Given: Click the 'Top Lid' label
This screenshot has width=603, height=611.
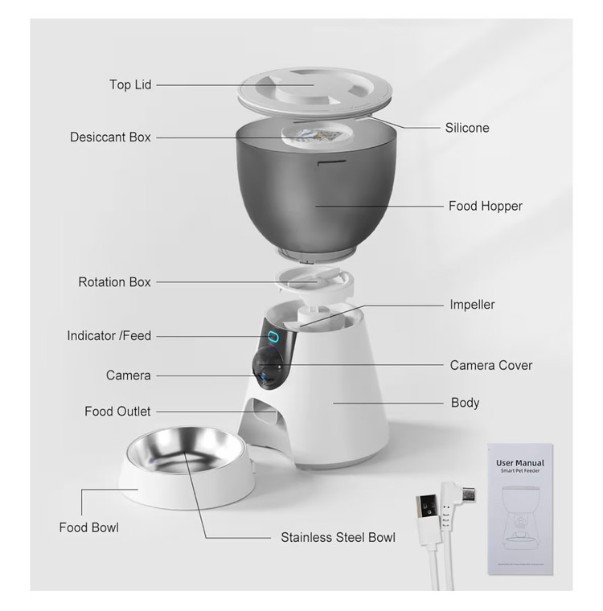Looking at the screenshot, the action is pyautogui.click(x=130, y=84).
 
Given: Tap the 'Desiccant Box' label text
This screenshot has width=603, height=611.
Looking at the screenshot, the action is pyautogui.click(x=110, y=137).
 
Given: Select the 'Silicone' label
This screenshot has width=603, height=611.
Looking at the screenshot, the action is pyautogui.click(x=467, y=128).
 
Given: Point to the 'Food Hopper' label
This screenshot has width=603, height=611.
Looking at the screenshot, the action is pyautogui.click(x=486, y=206).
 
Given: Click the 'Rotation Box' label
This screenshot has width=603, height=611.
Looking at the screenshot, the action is pyautogui.click(x=114, y=281).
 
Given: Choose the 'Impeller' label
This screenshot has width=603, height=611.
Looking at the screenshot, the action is pyautogui.click(x=472, y=305).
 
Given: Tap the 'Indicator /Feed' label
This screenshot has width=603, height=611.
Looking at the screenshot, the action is pyautogui.click(x=109, y=335).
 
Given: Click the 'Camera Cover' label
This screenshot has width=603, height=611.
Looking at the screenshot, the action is pyautogui.click(x=491, y=365).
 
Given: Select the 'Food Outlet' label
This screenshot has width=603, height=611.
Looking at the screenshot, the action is pyautogui.click(x=117, y=411).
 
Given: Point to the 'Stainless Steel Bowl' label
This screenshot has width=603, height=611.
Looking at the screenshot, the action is pyautogui.click(x=338, y=537).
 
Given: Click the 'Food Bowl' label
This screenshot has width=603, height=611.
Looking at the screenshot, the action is pyautogui.click(x=89, y=527).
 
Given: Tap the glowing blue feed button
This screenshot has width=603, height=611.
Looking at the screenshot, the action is pyautogui.click(x=273, y=336).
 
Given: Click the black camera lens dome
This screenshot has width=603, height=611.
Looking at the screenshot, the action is pyautogui.click(x=268, y=367).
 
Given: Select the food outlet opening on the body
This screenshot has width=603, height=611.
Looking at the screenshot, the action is pyautogui.click(x=264, y=414).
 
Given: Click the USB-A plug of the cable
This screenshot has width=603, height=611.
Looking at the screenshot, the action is pyautogui.click(x=428, y=508).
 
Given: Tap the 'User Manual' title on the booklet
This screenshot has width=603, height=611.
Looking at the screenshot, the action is pyautogui.click(x=520, y=463).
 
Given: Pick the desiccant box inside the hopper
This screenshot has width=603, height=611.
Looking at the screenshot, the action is pyautogui.click(x=317, y=135).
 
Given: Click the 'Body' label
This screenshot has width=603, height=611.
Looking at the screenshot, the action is pyautogui.click(x=465, y=403).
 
